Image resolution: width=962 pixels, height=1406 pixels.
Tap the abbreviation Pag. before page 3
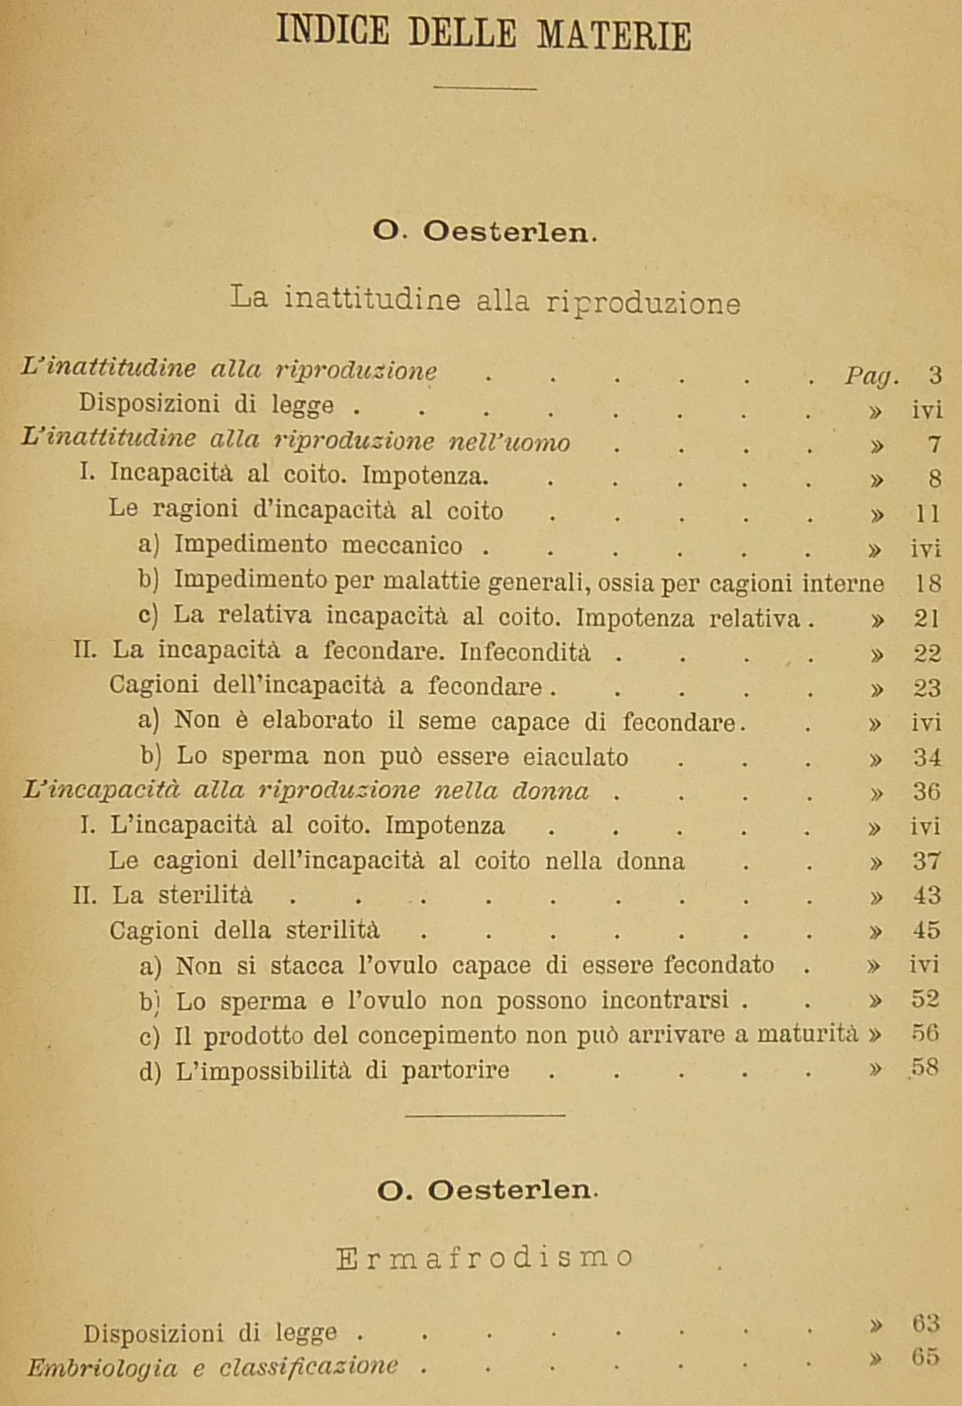(870, 376)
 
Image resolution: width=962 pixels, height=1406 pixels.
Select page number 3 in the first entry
(935, 375)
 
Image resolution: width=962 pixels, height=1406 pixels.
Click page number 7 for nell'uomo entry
(935, 445)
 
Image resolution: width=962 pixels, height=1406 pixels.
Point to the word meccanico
(402, 545)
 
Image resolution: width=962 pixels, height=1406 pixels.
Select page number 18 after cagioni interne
(928, 584)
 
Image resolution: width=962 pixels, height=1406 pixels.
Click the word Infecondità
(525, 652)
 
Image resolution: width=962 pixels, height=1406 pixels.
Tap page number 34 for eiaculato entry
(927, 757)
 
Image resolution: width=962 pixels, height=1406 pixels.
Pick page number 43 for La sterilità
(926, 896)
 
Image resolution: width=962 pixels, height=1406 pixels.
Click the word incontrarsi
(665, 1001)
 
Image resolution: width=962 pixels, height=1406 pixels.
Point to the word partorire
(455, 1071)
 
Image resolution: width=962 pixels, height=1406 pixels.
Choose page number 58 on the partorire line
(925, 1069)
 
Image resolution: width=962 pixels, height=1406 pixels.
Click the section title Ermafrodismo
(485, 1259)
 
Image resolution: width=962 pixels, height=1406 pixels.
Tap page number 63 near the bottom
(925, 1323)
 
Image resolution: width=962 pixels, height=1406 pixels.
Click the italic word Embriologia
(102, 1368)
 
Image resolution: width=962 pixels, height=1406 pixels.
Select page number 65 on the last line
(925, 1358)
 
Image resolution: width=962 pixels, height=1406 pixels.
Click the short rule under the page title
(484, 88)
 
